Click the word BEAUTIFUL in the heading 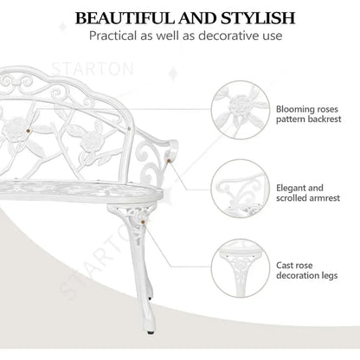pyautogui.click(x=125, y=18)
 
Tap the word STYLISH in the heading pyautogui.click(x=258, y=18)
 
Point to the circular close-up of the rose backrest pyautogui.click(x=241, y=110)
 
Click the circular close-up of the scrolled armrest pyautogui.click(x=241, y=189)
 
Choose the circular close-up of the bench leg pyautogui.click(x=241, y=268)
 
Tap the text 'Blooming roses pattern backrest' pyautogui.click(x=308, y=114)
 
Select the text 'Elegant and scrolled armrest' pyautogui.click(x=308, y=193)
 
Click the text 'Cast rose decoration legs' pyautogui.click(x=306, y=270)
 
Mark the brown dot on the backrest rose pyautogui.click(x=28, y=131)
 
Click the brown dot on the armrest pyautogui.click(x=169, y=161)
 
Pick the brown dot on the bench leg pyautogui.click(x=143, y=222)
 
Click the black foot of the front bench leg pyautogui.click(x=151, y=332)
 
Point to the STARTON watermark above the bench pyautogui.click(x=93, y=69)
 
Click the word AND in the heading pyautogui.click(x=198, y=18)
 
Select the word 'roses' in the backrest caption pyautogui.click(x=327, y=109)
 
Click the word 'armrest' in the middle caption pyautogui.click(x=325, y=198)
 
